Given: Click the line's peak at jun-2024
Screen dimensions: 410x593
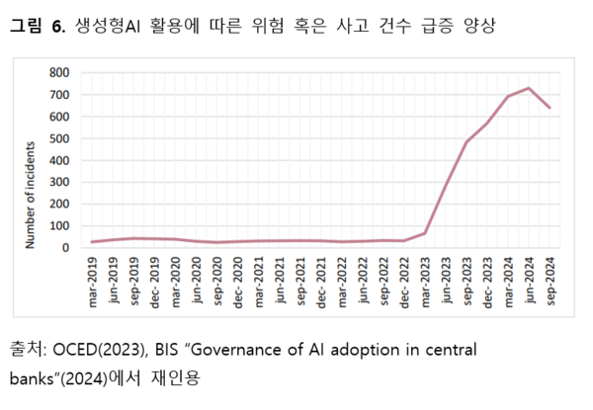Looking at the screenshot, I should pos(530,88).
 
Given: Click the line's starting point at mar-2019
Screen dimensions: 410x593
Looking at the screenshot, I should pos(93,242).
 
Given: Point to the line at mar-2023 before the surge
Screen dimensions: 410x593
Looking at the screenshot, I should pos(425,233).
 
